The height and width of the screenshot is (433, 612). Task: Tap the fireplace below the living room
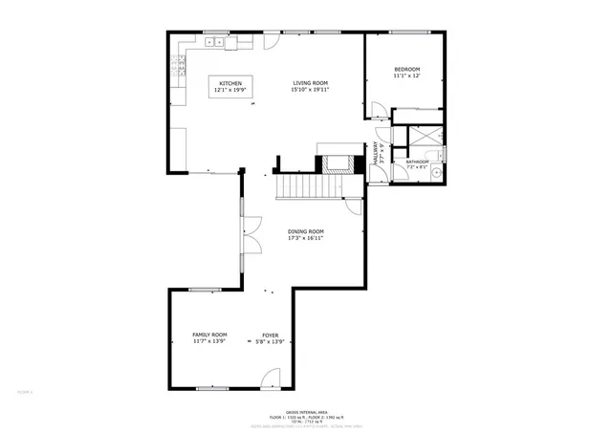click(336, 161)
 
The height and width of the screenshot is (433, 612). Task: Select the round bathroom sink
click(435, 173)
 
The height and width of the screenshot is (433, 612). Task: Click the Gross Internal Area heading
click(306, 407)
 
